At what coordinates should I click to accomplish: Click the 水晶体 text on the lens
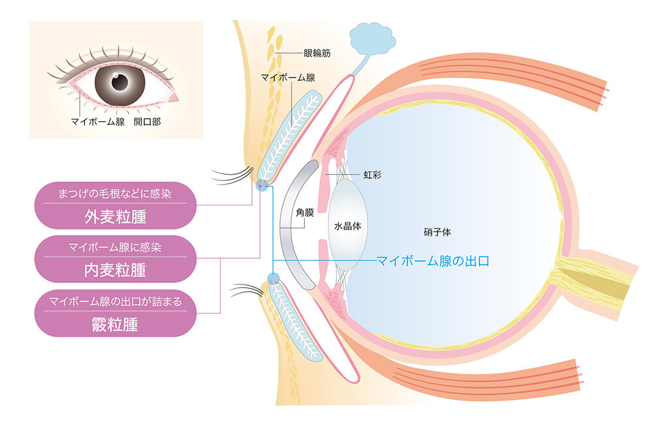348,225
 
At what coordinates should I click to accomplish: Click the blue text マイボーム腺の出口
433,261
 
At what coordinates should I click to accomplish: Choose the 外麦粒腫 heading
115,217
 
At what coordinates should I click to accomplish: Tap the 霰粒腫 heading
115,324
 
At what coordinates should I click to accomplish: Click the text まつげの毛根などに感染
115,193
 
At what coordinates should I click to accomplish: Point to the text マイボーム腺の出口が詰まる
115,301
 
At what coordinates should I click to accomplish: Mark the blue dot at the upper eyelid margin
261,185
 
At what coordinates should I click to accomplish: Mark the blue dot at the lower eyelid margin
273,279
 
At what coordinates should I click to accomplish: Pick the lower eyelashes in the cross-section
248,289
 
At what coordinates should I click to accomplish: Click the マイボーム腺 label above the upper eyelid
288,78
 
